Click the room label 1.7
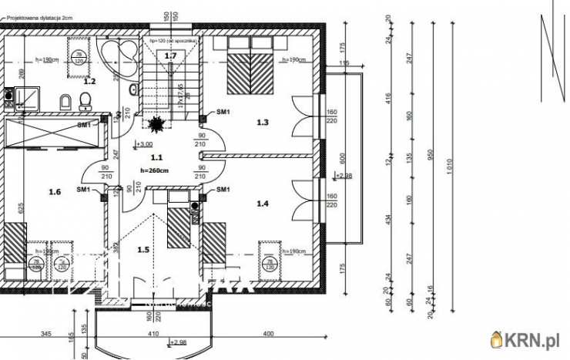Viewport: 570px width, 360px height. [x=170, y=56]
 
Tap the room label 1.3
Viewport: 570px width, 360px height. [x=263, y=122]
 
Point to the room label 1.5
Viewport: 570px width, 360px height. [x=143, y=249]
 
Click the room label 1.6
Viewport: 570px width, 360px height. [x=54, y=192]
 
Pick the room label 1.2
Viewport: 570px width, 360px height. [x=89, y=81]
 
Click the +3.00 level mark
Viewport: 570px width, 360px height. [x=144, y=144]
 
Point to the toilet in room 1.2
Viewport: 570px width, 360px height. [x=85, y=101]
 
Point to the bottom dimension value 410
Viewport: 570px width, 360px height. [x=154, y=334]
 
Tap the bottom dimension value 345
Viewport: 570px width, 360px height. [x=45, y=334]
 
